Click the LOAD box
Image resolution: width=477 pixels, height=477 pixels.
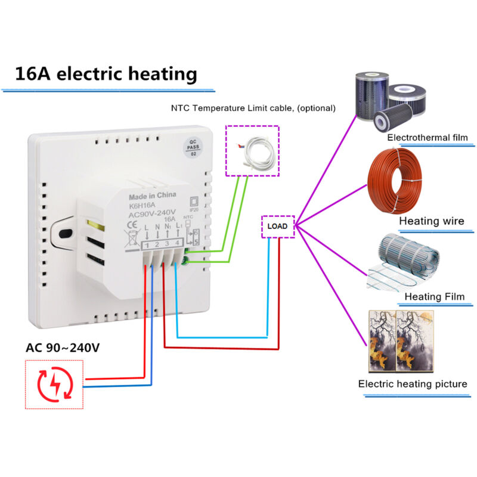[x=278, y=227]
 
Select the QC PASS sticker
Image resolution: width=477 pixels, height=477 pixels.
[x=193, y=145]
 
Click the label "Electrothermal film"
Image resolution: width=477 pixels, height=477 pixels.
[x=426, y=138]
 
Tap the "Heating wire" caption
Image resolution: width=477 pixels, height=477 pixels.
[x=431, y=221]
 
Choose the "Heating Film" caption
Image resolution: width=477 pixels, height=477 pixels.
[x=431, y=296]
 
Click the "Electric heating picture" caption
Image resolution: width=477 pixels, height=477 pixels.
[x=413, y=383]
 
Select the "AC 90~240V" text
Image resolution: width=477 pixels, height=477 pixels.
[x=62, y=348]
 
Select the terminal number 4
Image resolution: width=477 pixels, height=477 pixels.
[x=176, y=244]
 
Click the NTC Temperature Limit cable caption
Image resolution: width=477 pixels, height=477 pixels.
[x=253, y=109]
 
